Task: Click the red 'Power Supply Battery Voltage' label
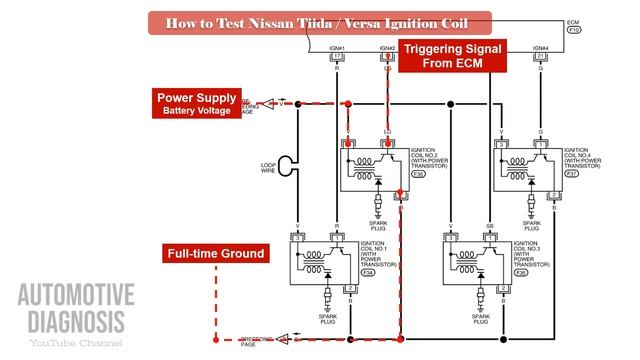point(197,103)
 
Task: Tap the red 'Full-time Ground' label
point(215,253)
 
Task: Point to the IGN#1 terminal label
point(336,48)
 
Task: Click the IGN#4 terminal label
point(540,48)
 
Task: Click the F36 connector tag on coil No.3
point(521,272)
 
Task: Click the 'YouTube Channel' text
point(76,344)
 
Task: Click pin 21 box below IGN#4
point(540,57)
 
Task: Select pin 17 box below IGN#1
point(336,57)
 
